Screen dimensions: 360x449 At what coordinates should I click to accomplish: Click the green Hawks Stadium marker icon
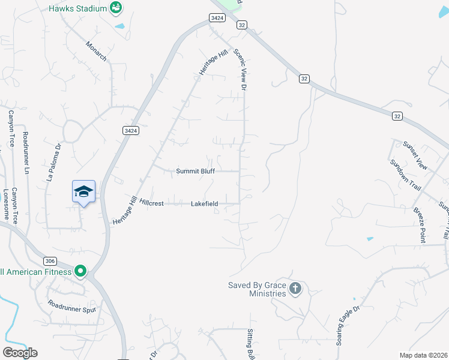coord(116,8)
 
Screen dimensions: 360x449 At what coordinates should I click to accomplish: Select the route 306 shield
coord(50,261)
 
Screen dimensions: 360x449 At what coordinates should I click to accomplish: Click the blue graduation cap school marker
coord(83,191)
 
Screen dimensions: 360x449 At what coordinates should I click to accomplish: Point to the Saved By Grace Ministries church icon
coord(295,289)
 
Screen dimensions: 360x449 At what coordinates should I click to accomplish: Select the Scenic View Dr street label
coord(241,70)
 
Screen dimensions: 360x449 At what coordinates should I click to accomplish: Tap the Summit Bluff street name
coord(195,171)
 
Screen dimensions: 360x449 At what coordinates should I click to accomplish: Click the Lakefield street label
coord(204,204)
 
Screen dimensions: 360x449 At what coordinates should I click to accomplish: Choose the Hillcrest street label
coord(151,203)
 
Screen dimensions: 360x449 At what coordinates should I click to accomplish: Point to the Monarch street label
coord(96,50)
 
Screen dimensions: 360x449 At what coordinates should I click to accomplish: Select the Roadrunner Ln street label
coord(26,153)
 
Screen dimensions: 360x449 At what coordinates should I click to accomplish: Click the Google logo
coord(20,353)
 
